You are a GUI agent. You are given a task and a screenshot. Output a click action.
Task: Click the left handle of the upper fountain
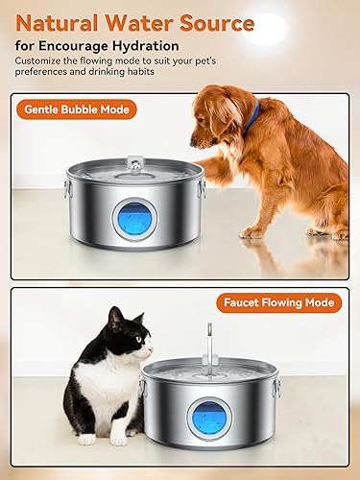pyautogui.click(x=68, y=187)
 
